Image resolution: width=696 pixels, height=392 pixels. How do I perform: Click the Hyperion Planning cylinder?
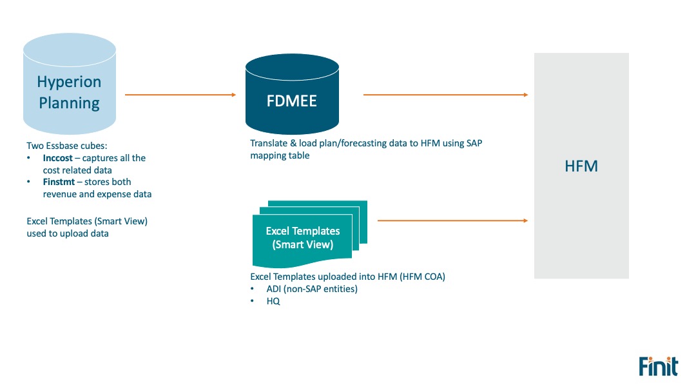(70, 84)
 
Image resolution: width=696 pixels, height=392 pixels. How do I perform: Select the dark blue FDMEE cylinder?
(292, 94)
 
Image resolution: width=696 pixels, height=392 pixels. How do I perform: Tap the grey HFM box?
(581, 166)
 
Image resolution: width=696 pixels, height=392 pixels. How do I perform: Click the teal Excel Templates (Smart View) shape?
(309, 234)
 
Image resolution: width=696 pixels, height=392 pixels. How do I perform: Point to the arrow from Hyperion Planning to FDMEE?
(180, 95)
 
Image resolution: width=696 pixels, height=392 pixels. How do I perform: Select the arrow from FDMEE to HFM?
(446, 95)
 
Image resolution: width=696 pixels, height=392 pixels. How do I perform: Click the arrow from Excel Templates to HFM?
(453, 220)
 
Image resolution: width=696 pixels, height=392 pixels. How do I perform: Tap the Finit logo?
(658, 366)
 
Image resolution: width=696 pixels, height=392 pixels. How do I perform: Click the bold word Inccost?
(58, 158)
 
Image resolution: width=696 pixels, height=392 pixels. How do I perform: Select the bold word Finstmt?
(59, 182)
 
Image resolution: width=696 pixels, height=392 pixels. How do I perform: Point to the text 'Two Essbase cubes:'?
(67, 146)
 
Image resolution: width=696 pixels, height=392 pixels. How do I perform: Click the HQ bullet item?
(273, 301)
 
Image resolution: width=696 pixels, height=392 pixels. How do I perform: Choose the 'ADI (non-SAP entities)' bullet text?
(312, 289)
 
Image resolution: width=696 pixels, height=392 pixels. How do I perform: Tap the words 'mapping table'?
(280, 156)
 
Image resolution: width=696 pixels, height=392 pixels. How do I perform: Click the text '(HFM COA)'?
(422, 277)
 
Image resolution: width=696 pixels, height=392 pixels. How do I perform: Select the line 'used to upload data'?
(68, 233)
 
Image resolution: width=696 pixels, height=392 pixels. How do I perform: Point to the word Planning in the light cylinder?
(69, 103)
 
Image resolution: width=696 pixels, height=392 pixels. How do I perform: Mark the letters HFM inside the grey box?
(581, 166)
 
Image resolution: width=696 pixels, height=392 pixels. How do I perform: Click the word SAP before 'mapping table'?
(474, 143)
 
